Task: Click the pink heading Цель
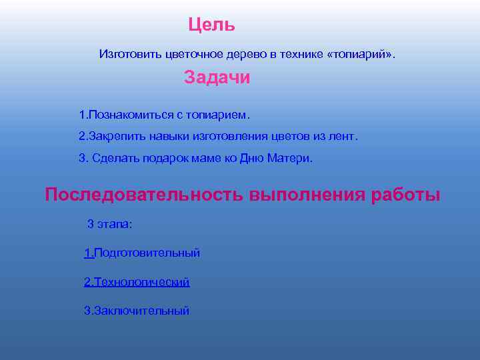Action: click(x=211, y=25)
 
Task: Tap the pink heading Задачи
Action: click(x=217, y=78)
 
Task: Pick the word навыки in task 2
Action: click(x=164, y=137)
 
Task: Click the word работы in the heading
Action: click(x=405, y=195)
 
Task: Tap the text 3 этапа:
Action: click(x=110, y=224)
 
